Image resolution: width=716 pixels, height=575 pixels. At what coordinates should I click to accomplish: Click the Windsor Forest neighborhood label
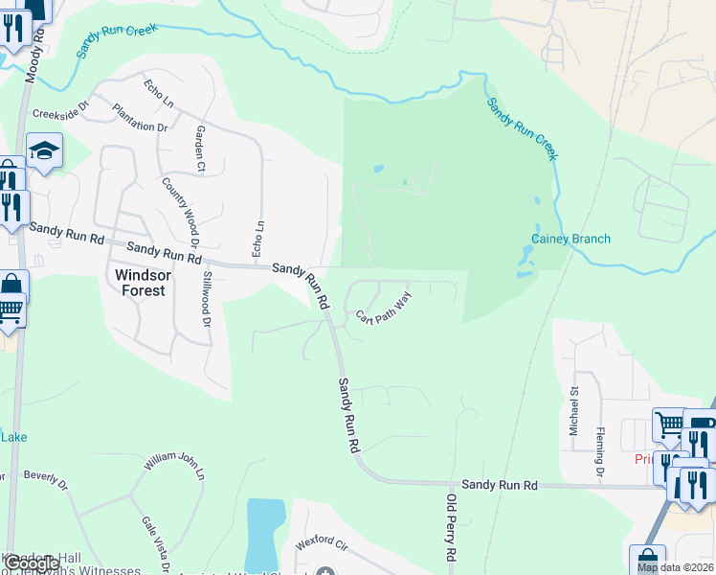coord(140,283)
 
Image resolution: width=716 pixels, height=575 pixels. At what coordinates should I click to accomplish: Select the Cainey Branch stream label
coord(571,239)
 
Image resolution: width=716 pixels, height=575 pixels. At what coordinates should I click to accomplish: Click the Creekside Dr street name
coord(59,113)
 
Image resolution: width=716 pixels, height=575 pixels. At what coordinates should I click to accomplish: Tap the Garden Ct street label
coord(200,149)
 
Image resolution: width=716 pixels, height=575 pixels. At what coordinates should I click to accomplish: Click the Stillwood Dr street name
coord(206,299)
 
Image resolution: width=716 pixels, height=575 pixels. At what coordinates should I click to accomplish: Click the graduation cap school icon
coord(44,150)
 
